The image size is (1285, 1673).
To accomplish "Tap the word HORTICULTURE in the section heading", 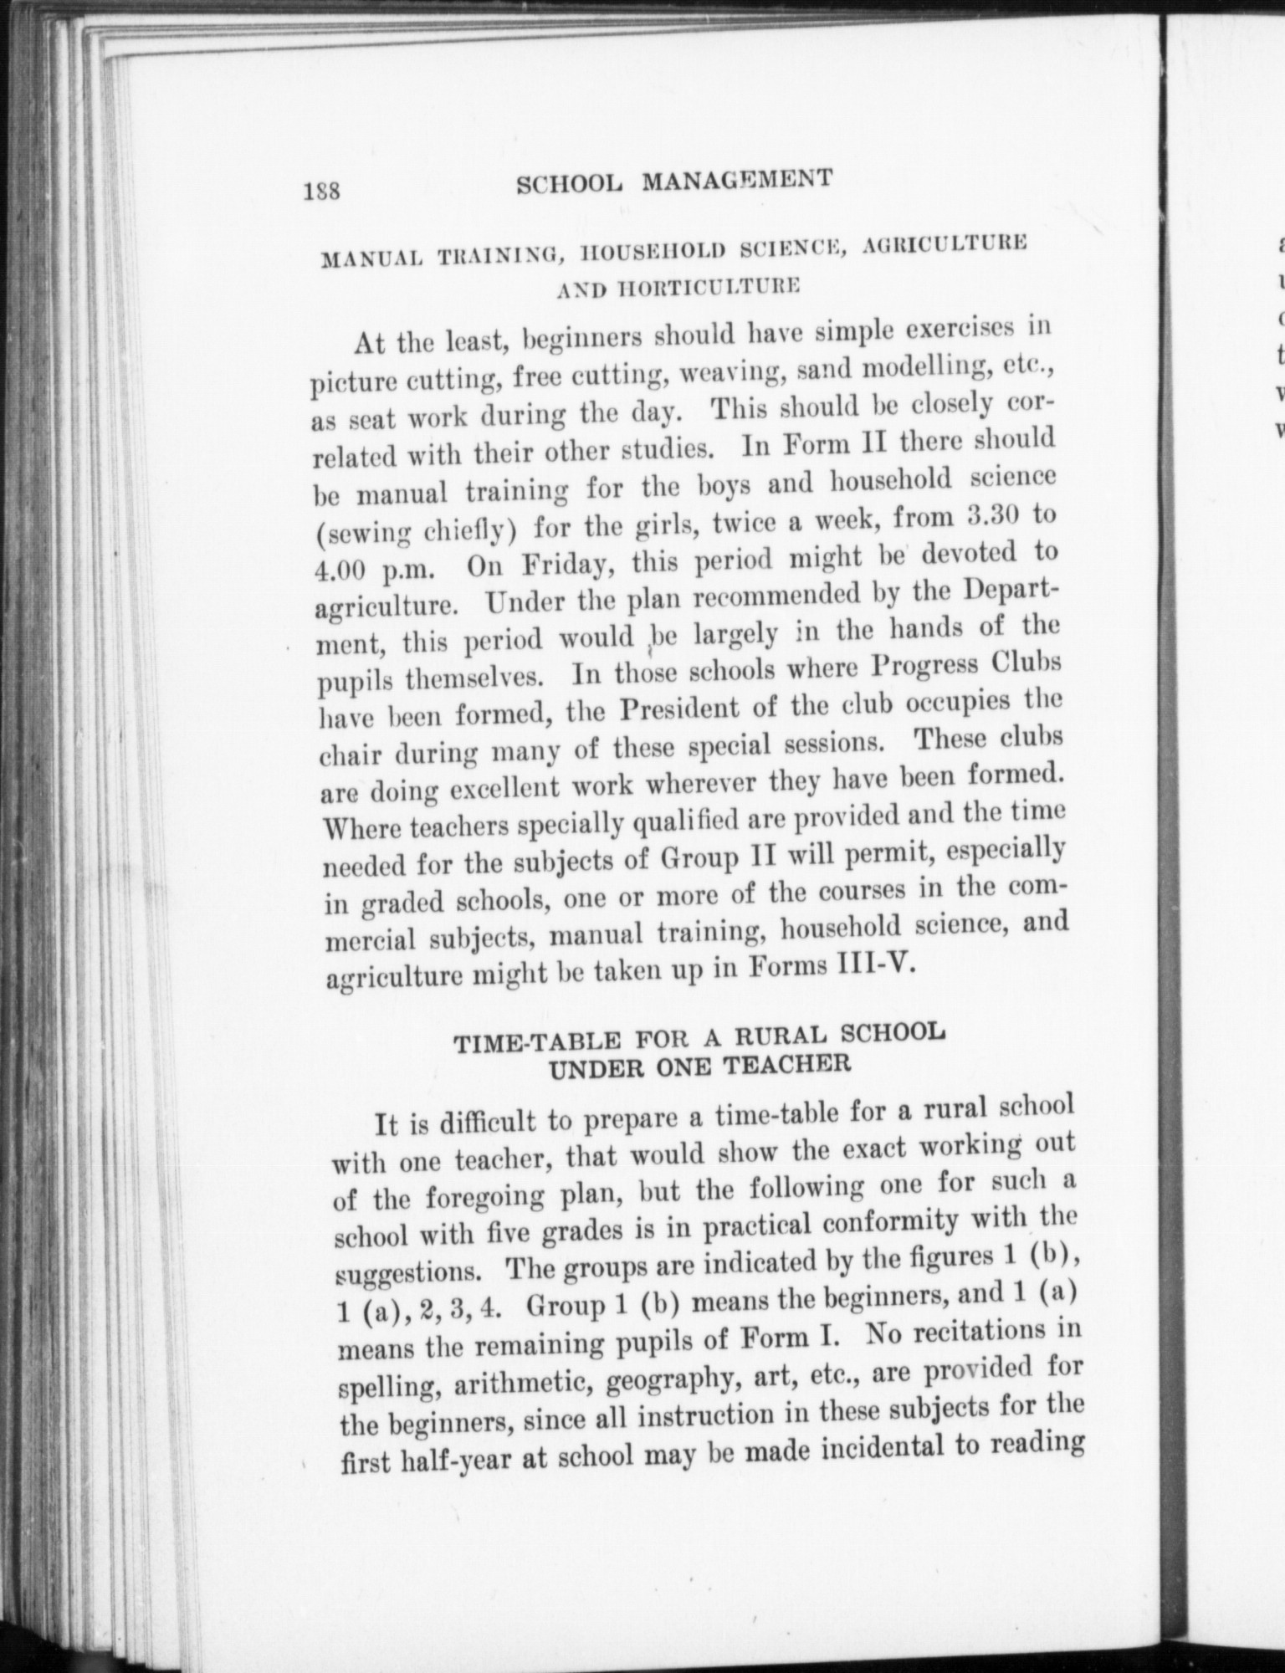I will [679, 287].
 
